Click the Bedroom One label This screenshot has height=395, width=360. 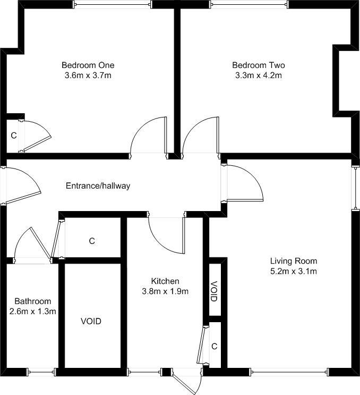point(88,65)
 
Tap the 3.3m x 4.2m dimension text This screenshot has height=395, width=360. point(259,75)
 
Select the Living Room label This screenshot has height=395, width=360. point(294,261)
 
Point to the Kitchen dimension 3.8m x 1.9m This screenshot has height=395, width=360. point(165,291)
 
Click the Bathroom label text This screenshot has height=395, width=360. point(33,301)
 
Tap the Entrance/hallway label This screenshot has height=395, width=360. point(98,186)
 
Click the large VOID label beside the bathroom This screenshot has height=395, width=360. point(91,322)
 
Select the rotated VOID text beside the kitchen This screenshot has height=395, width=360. point(213,291)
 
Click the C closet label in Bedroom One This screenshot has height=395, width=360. point(14,136)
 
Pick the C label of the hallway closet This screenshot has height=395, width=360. point(92,241)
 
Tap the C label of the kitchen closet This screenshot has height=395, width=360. point(214,347)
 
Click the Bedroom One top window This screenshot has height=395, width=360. point(113,4)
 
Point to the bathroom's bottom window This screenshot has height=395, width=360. point(41,372)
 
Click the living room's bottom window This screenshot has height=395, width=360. point(289,372)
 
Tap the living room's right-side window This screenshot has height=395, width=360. point(355,187)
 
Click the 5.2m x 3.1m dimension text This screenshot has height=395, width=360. point(294,271)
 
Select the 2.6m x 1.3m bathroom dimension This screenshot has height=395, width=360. point(33,312)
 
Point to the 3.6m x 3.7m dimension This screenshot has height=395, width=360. point(88,75)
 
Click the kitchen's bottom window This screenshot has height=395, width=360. point(144,372)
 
